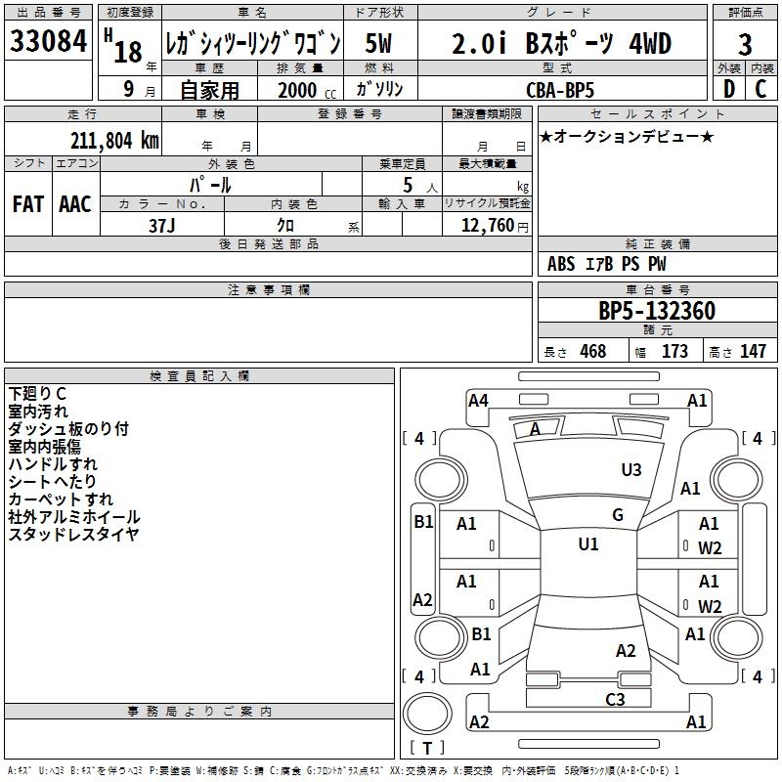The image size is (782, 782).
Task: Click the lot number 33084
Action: coord(48,41)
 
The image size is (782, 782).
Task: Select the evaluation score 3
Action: coord(745,44)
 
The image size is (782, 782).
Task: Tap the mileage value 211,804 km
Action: coord(114,141)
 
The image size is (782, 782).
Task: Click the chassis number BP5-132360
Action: coord(656,312)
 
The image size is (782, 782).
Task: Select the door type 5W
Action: coord(380,43)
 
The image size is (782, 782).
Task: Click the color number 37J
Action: coord(161,224)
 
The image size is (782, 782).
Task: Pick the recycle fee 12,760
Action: coord(487,225)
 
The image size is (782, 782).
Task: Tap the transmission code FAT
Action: coord(28,204)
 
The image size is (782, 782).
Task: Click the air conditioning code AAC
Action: coord(75,204)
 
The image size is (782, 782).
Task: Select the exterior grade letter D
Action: coord(728,89)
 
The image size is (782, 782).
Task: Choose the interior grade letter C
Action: coord(760,89)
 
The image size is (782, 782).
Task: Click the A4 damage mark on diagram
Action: coord(478,401)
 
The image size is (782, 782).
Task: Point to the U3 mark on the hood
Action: coord(631,470)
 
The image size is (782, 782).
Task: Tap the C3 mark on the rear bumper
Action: coord(615,699)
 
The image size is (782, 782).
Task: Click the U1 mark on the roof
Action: coord(587,544)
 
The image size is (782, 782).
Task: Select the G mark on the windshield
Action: coord(617,515)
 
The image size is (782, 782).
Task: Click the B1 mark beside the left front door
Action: coord(422,522)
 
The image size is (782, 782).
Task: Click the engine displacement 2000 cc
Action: coord(303,90)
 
